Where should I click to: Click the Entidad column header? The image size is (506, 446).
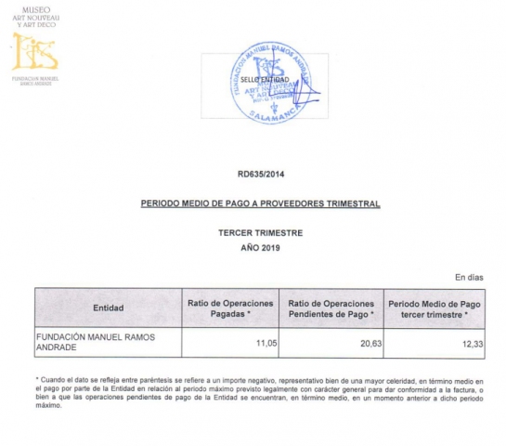[x=109, y=308]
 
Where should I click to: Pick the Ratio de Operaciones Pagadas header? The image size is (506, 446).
[x=232, y=308]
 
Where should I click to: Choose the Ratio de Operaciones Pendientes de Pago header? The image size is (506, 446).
[x=331, y=308]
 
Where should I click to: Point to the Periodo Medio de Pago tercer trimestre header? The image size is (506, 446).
[x=434, y=308]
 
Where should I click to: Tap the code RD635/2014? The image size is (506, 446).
[x=260, y=174]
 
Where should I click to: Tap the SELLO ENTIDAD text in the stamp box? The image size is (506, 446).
[x=265, y=80]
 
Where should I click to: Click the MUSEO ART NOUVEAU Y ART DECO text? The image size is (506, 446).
[x=36, y=16]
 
